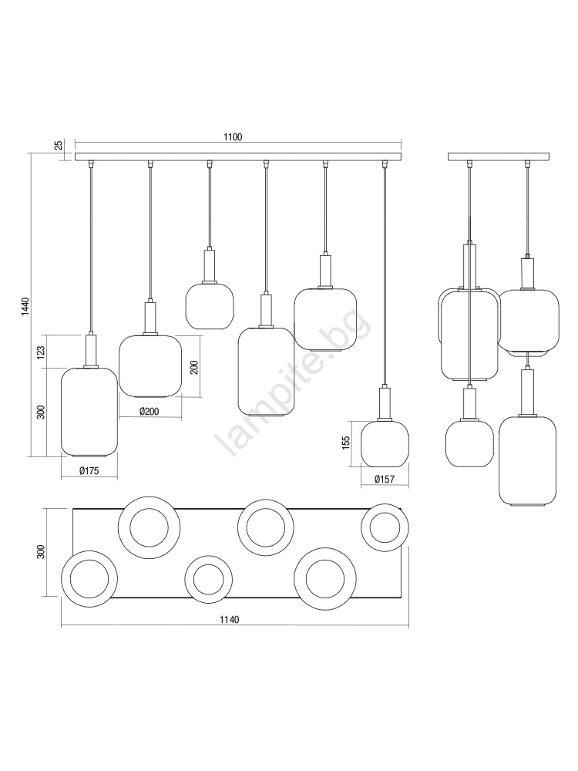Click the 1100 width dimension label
pyautogui.click(x=233, y=137)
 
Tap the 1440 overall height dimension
pyautogui.click(x=25, y=307)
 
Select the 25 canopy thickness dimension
pyautogui.click(x=59, y=145)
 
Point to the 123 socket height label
pyautogui.click(x=41, y=351)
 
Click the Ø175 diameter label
pyautogui.click(x=89, y=471)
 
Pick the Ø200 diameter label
pyautogui.click(x=149, y=412)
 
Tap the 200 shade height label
pyautogui.click(x=194, y=367)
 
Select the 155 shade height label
pyautogui.click(x=345, y=443)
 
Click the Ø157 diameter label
pyautogui.click(x=385, y=480)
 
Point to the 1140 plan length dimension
pyautogui.click(x=229, y=620)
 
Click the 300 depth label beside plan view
pyautogui.click(x=41, y=552)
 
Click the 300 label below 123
pyautogui.click(x=41, y=412)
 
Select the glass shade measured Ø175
pyautogui.click(x=89, y=411)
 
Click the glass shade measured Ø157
pyautogui.click(x=385, y=444)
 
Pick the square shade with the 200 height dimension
pyautogui.click(x=150, y=365)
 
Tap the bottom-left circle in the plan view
pyautogui.click(x=89, y=578)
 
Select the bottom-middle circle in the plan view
pyautogui.click(x=209, y=580)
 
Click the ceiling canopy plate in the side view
pyautogui.click(x=499, y=157)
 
